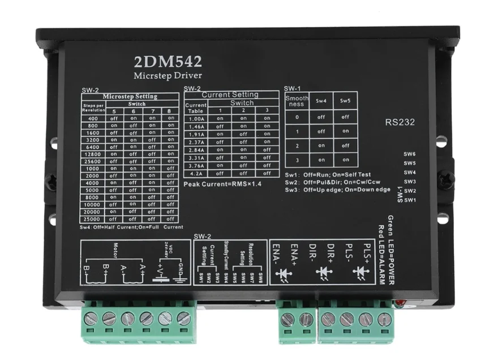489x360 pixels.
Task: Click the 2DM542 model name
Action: [x=168, y=61]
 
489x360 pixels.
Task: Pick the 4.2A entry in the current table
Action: [x=195, y=173]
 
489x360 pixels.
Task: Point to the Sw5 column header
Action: [x=345, y=100]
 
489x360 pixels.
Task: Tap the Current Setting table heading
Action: [x=230, y=95]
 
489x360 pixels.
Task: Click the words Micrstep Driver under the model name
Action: [x=168, y=75]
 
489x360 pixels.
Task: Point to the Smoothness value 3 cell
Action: [x=297, y=160]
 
